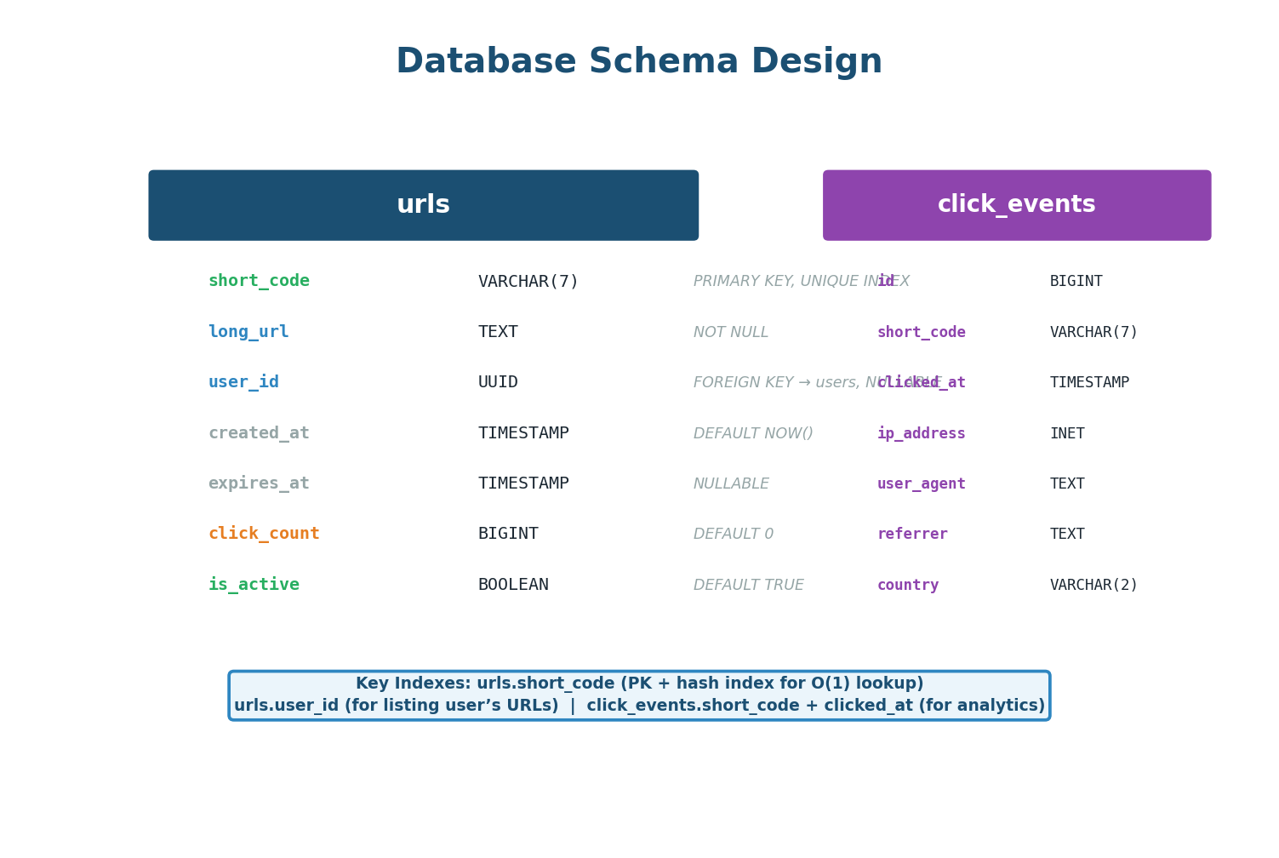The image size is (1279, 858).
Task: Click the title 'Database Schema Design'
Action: pos(639,62)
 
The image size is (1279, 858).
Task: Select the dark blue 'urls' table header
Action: pos(423,205)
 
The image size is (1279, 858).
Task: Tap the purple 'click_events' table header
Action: pos(1016,205)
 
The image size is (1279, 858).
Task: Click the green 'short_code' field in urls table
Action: pos(259,281)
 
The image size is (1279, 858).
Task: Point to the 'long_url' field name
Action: pos(248,332)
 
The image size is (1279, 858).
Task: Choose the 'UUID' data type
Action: pos(498,382)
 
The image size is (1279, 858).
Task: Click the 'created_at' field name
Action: pos(259,433)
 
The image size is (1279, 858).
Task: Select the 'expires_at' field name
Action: pos(259,483)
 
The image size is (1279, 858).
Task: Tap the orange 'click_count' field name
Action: pos(264,534)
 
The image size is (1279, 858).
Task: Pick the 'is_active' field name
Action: pos(254,585)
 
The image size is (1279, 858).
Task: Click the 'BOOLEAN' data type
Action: pos(513,585)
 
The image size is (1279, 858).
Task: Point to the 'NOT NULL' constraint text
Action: pos(730,333)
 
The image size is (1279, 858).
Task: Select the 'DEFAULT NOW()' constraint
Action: pos(753,433)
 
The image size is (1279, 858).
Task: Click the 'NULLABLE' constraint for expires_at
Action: pos(731,484)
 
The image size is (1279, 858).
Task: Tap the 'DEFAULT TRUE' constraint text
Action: pos(748,586)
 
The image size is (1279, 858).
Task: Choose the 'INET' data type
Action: pos(1067,434)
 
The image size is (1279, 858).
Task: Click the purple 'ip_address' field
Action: pos(921,434)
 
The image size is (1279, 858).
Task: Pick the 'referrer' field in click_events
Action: pos(912,535)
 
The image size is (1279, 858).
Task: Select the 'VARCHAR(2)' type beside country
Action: pos(1093,586)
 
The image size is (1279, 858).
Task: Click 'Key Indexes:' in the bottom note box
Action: pos(414,684)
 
